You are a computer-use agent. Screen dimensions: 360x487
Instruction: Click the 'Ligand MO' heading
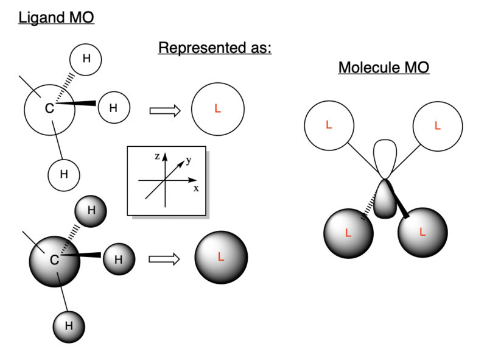(56, 17)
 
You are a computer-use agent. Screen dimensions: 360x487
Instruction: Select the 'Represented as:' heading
(214, 48)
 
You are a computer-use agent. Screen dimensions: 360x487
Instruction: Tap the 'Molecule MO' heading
(384, 67)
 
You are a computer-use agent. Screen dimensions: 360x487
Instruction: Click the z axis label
(157, 157)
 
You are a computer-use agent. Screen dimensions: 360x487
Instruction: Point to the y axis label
(189, 160)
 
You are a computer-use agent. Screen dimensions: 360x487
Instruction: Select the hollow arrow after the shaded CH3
(164, 259)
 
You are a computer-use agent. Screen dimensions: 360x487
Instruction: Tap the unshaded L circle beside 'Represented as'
(218, 110)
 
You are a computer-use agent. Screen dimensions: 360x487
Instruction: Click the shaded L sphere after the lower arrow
(221, 256)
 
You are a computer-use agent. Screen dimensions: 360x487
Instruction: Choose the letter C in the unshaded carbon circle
(49, 109)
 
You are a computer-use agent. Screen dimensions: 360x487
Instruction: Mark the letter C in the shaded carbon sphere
(54, 260)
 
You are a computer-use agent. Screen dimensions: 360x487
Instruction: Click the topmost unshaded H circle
(86, 59)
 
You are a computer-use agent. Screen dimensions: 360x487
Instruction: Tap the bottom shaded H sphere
(69, 325)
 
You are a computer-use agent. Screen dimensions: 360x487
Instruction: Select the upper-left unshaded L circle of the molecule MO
(329, 125)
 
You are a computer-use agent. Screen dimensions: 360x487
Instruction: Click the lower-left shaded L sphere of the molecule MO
(348, 233)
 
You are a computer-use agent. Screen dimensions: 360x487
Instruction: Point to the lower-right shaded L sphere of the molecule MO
(422, 233)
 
